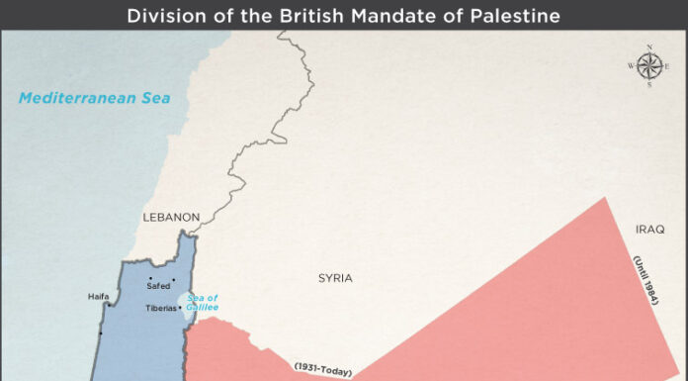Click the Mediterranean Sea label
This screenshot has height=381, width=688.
pos(94,97)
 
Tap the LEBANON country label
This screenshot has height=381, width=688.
pos(171,217)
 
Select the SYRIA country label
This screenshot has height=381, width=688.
pos(335,278)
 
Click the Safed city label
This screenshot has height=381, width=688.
pos(158,286)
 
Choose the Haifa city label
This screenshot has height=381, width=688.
pos(98,296)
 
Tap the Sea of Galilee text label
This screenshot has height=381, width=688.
pos(202,303)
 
